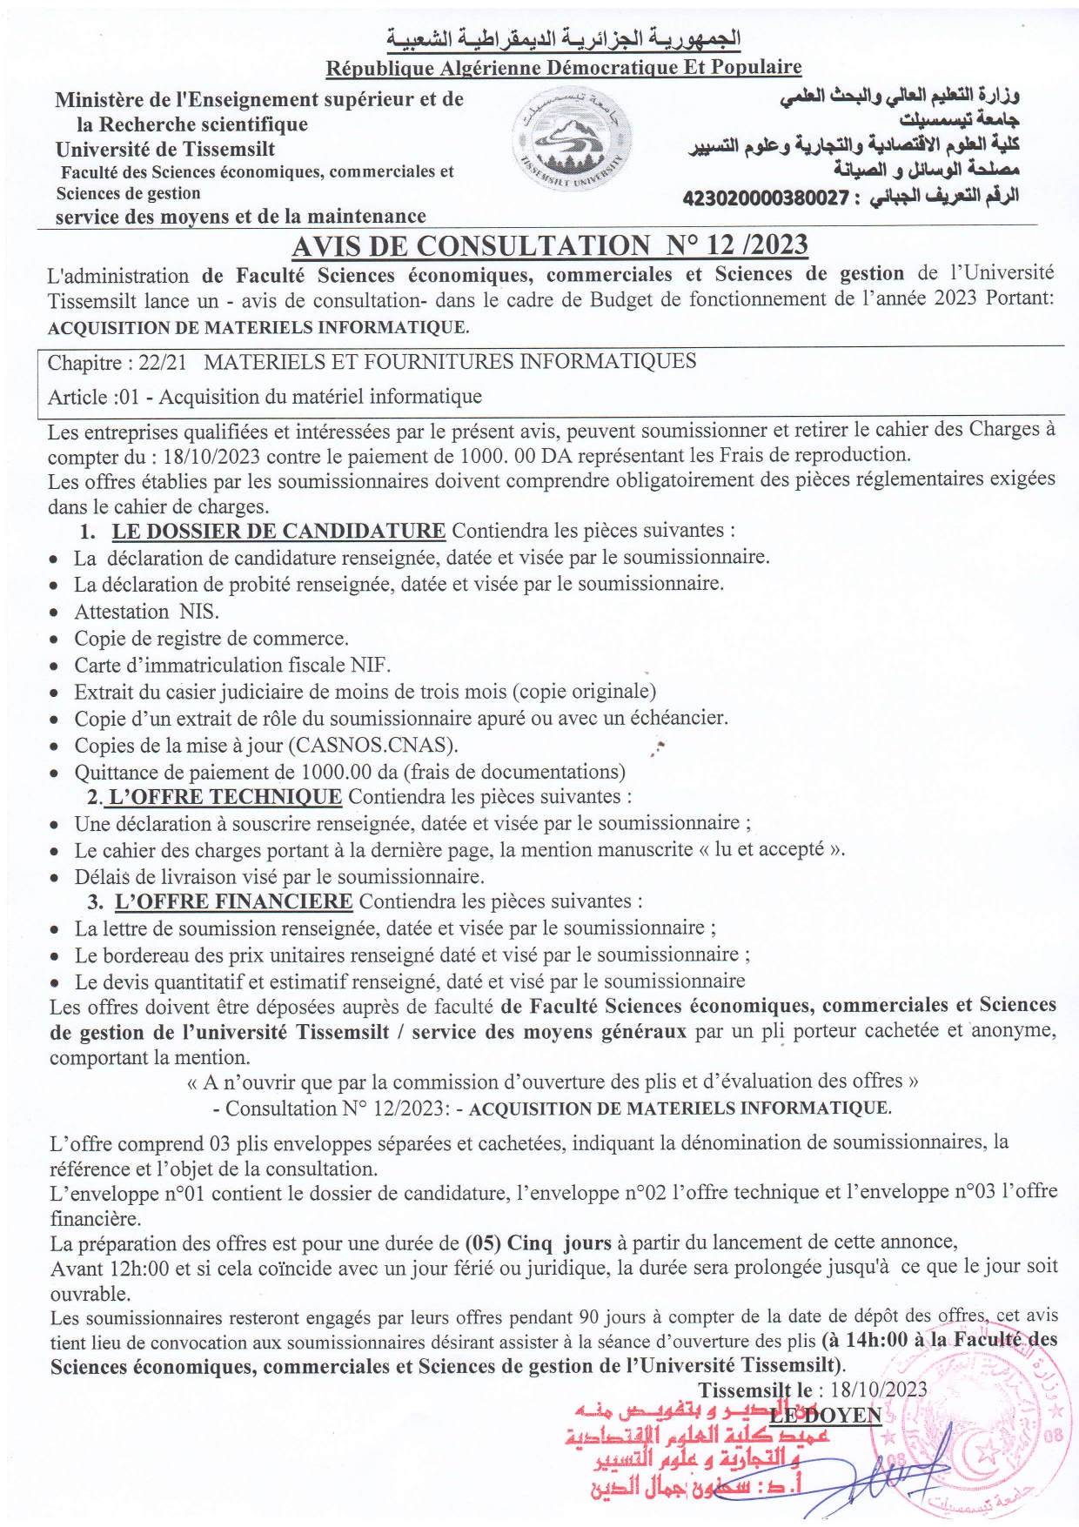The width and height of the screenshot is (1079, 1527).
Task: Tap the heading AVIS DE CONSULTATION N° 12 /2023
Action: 549,246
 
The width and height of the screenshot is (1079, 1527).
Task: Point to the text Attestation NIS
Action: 146,612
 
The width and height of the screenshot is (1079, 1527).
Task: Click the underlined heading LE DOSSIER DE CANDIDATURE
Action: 278,531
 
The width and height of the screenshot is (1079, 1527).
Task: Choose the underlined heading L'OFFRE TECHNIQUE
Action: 225,797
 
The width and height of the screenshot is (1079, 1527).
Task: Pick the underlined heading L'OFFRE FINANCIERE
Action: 233,901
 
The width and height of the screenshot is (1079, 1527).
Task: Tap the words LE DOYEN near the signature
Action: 825,1416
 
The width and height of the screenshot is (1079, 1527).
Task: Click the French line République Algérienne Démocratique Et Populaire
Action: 564,67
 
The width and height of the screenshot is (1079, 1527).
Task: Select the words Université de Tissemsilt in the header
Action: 165,149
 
